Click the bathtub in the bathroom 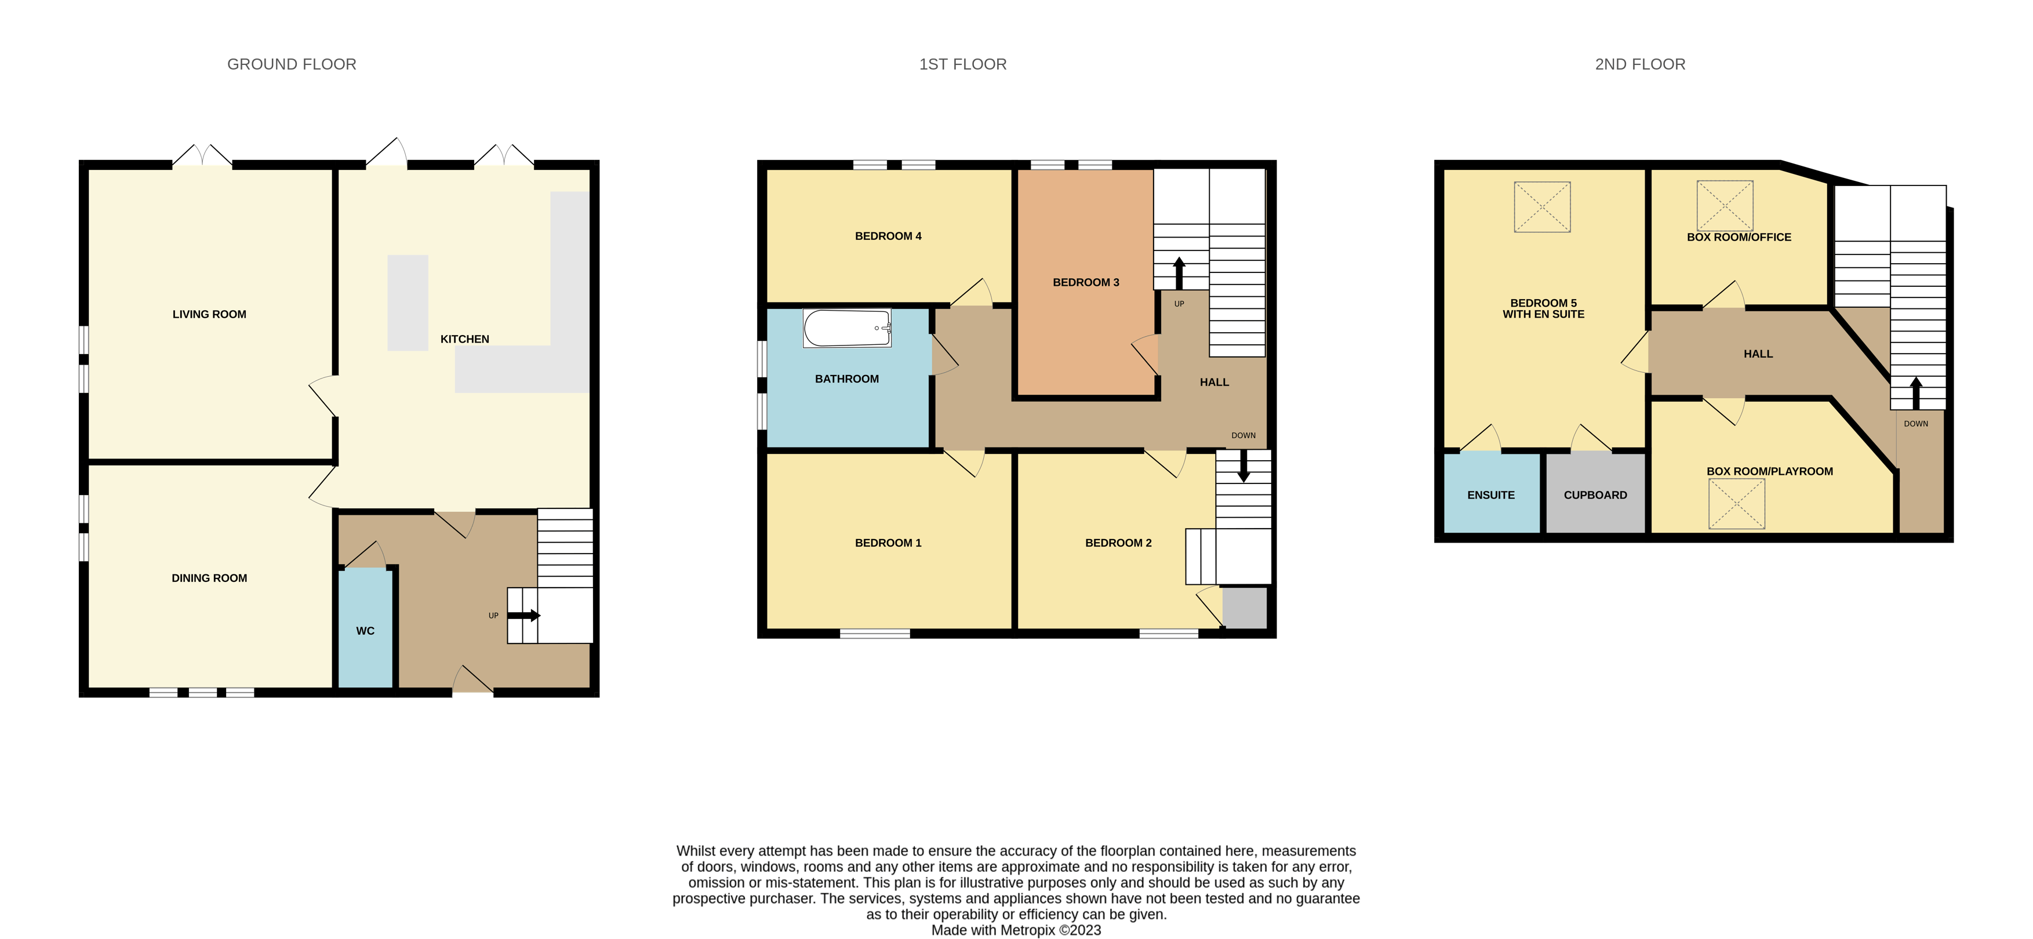coord(846,328)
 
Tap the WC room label coord(365,631)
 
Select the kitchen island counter coord(407,302)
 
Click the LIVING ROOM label coord(209,314)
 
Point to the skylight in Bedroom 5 coord(1541,207)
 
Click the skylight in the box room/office coord(1725,205)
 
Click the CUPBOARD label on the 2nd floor coord(1595,495)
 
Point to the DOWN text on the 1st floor coord(1243,435)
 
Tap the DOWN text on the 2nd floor coord(1915,424)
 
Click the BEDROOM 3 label coord(1085,282)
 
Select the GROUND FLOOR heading coord(291,64)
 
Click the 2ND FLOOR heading coord(1639,64)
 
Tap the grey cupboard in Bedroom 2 coord(1245,607)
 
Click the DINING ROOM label coord(209,578)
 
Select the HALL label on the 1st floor coord(1214,382)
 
